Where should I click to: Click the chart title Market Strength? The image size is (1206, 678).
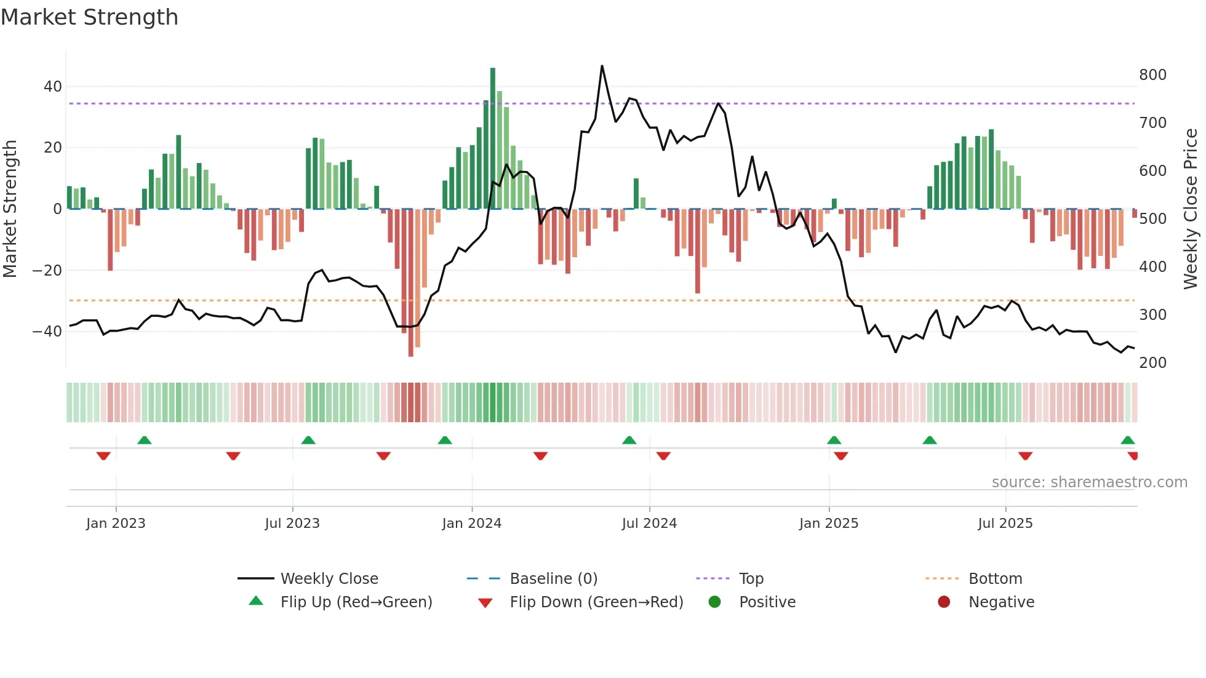tap(90, 17)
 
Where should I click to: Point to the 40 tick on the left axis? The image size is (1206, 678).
tap(52, 87)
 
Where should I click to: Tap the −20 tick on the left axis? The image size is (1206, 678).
tap(47, 271)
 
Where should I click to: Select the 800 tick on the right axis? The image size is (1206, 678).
tap(1152, 75)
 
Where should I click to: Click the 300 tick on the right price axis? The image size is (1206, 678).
tap(1152, 315)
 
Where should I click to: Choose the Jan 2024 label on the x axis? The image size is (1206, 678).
tap(471, 524)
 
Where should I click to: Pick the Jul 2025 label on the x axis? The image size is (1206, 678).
tap(1005, 524)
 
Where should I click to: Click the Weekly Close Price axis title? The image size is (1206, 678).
tap(1191, 209)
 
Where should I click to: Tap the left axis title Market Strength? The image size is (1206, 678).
tap(10, 209)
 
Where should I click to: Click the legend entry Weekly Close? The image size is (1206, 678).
tap(329, 579)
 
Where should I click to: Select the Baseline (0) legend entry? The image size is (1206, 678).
tap(553, 579)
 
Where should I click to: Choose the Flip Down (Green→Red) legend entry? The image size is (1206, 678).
tap(596, 602)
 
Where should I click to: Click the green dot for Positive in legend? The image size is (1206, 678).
tap(714, 602)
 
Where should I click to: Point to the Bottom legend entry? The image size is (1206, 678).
tap(995, 579)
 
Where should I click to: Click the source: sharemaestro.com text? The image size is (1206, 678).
tap(1089, 482)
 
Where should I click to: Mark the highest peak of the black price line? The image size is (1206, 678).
tap(602, 66)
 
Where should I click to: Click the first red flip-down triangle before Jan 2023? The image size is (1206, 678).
tap(103, 456)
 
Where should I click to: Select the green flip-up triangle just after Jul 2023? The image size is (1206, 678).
tap(308, 440)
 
